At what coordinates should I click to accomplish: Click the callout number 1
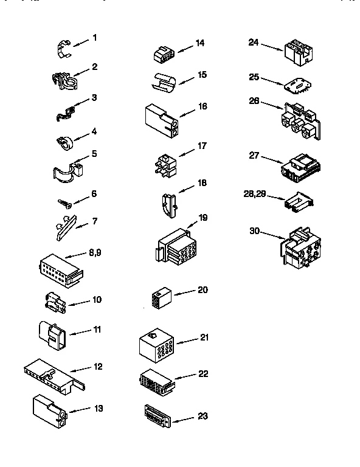pos(94,38)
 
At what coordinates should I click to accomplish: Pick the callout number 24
pos(254,42)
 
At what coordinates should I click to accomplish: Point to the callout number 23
pos(203,416)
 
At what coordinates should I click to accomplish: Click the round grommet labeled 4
pos(64,143)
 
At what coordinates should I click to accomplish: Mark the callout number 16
pos(202,106)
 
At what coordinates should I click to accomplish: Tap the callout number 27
pos(254,155)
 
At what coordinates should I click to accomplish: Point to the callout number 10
pos(97,300)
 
